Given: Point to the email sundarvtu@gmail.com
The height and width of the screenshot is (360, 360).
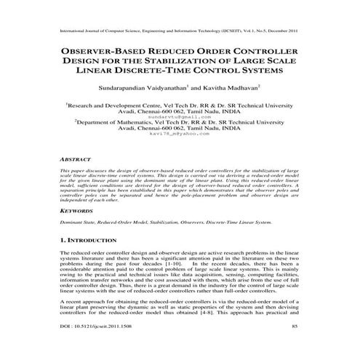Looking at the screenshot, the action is point(179,116).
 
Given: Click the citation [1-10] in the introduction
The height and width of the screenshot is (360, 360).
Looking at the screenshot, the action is point(151,259).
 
